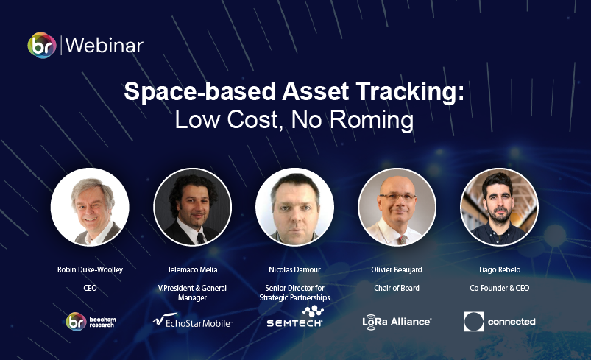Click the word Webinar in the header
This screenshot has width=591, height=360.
105,46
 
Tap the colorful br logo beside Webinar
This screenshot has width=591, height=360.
42,45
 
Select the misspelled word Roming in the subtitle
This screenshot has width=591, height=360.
371,120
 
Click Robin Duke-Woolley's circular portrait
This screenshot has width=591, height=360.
90,207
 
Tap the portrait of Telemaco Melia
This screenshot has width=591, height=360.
192,207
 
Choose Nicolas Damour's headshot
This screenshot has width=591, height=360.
294,207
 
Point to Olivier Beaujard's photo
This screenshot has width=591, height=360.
397,207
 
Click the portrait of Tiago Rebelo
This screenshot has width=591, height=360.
499,207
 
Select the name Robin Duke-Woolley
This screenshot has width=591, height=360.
90,269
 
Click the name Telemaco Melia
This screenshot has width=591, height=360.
192,269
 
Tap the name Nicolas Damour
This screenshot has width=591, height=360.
294,269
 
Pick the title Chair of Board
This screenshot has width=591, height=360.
397,288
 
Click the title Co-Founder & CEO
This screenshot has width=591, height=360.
500,288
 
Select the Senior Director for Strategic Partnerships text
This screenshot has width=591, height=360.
294,293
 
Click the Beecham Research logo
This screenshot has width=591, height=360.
91,322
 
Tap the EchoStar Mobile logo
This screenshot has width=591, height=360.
192,321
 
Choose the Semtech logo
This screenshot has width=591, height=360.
294,317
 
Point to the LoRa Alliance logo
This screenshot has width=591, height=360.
397,322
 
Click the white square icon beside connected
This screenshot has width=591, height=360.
473,322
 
